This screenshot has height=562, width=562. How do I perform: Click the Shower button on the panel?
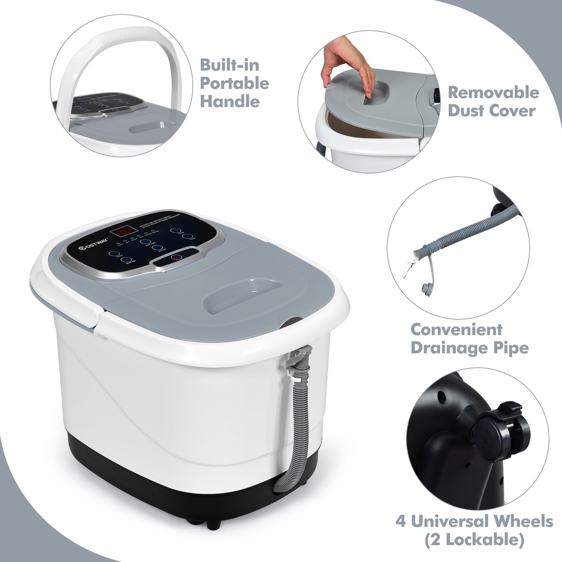[157, 248]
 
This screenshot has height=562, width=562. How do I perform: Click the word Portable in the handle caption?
[234, 84]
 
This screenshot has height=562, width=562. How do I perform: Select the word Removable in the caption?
[493, 92]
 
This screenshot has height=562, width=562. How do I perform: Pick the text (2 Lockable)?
[474, 540]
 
